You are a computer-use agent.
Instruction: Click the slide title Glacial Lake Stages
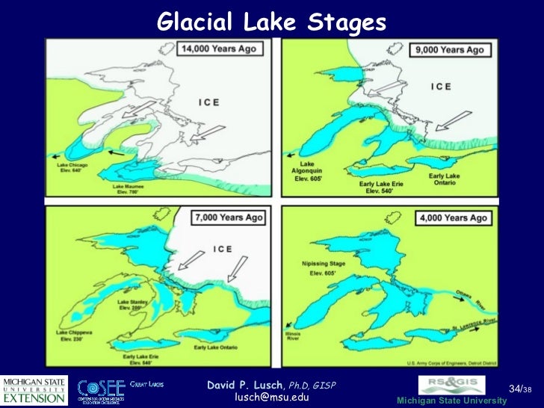click(271, 23)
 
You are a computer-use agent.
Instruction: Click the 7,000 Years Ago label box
click(230, 218)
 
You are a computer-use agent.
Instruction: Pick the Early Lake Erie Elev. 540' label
click(381, 186)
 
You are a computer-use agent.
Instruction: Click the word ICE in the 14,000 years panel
click(208, 103)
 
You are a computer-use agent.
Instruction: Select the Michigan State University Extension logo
click(34, 390)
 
